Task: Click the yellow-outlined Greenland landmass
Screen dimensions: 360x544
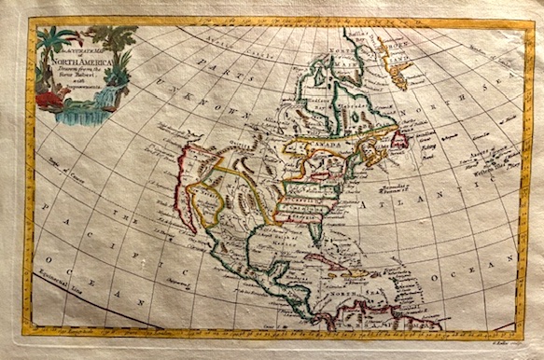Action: tap(397, 61)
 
